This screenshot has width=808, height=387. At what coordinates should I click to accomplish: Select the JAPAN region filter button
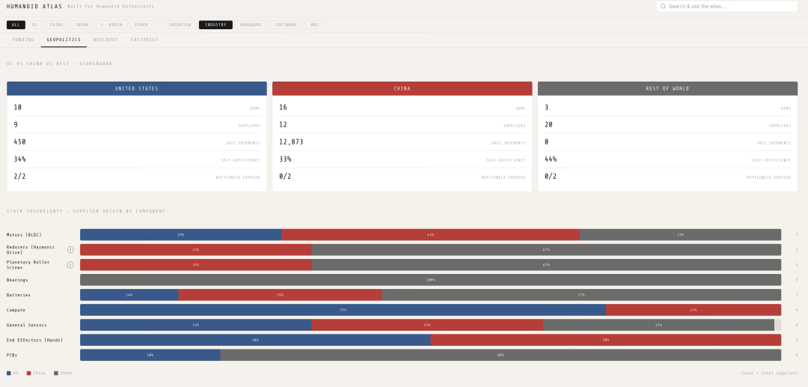pos(82,25)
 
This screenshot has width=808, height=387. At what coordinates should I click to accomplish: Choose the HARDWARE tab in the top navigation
pos(251,25)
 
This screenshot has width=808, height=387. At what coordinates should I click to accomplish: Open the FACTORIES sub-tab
pos(144,40)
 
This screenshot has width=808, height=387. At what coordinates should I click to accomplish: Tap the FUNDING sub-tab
pos(23,40)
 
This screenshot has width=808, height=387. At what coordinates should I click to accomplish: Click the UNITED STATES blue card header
pos(137,88)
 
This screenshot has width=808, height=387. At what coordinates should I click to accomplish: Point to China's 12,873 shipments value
pos(291,141)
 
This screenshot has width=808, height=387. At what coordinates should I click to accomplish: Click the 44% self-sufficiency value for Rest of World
pos(551,159)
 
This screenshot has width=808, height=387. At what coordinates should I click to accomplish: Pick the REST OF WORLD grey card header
pos(667,88)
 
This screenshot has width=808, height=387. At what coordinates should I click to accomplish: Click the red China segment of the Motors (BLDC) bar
pos(430,235)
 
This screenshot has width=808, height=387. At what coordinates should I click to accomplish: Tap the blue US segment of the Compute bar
pos(343,310)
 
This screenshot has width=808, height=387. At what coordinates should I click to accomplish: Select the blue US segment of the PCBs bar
pos(150,355)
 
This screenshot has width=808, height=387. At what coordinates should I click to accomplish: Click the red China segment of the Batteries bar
pos(280,295)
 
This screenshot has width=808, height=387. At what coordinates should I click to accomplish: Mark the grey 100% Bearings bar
pos(430,280)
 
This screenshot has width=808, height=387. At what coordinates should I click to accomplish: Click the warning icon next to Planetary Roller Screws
pos(70,264)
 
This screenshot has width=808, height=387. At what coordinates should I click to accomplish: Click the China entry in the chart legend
pos(37,373)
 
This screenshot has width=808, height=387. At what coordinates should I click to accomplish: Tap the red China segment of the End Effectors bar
pos(606,340)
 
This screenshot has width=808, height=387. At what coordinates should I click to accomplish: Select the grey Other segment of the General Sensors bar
pos(658,325)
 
